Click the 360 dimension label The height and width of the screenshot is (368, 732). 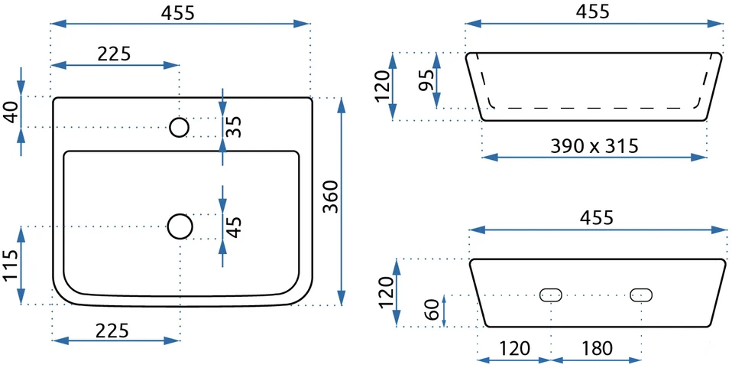331,197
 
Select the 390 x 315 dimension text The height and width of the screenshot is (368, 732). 594,146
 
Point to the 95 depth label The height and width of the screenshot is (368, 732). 426,80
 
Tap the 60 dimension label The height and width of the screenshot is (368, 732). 432,310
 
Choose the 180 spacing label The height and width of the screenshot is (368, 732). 597,348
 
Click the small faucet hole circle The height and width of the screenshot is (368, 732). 180,127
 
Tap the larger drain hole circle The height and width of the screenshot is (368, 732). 180,226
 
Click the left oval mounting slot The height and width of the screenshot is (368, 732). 551,295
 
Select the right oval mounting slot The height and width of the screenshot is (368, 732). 641,295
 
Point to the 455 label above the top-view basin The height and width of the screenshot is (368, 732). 178,13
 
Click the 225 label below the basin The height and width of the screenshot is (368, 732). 112,331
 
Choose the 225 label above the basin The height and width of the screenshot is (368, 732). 114,54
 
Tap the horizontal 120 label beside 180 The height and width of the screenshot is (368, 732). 515,348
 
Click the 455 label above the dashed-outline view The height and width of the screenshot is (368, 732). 593,11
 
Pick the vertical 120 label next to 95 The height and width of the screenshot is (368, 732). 382,86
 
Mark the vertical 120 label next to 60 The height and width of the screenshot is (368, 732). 386,292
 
